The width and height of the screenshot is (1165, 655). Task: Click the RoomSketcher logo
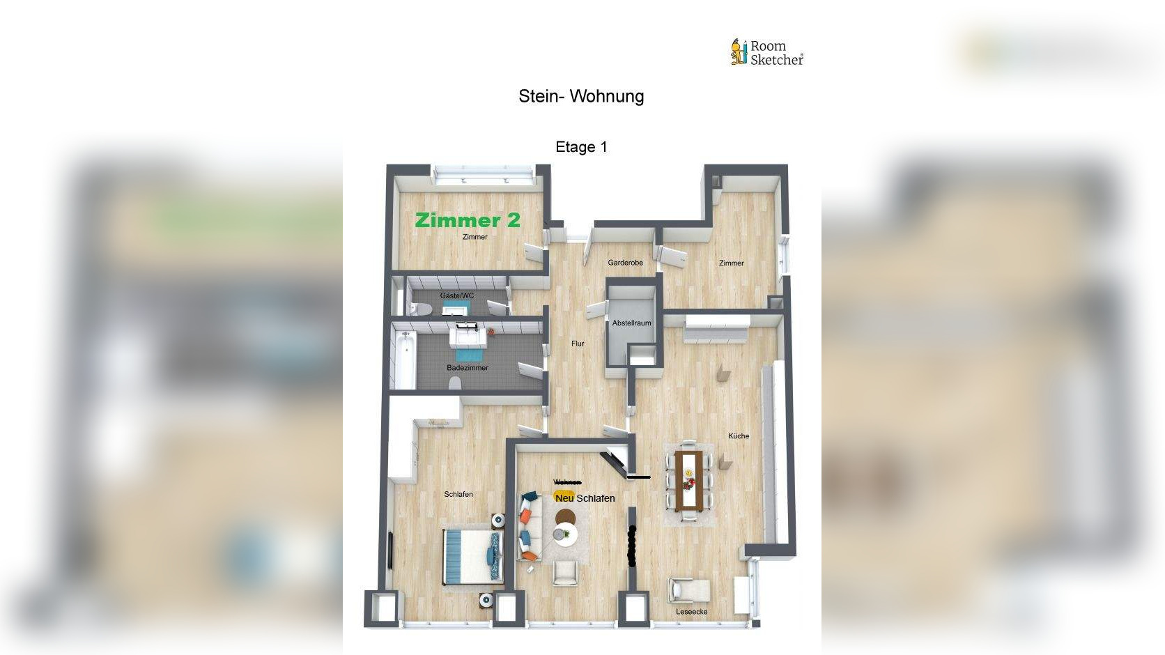click(x=766, y=53)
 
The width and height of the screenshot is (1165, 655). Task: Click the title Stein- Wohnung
click(x=581, y=96)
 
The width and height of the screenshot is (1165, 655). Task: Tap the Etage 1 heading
click(x=581, y=147)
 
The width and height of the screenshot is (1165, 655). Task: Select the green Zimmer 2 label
click(x=468, y=220)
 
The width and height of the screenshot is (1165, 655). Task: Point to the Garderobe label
click(x=625, y=263)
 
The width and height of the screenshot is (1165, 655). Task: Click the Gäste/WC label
click(x=456, y=295)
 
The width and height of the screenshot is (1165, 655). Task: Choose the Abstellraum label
click(x=631, y=323)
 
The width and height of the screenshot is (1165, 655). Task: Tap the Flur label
click(x=578, y=344)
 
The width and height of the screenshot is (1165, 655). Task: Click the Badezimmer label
click(x=468, y=368)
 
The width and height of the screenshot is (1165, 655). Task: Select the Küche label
click(x=739, y=436)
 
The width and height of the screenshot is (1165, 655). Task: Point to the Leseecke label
click(x=691, y=612)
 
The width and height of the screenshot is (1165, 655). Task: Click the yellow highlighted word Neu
click(x=564, y=498)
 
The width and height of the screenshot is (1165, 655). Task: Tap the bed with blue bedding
click(x=473, y=555)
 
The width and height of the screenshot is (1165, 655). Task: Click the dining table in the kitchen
click(x=689, y=481)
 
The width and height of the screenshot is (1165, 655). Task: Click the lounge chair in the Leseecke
click(x=689, y=590)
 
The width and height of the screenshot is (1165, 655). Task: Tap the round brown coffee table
click(x=565, y=518)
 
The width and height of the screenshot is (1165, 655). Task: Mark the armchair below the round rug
click(x=565, y=572)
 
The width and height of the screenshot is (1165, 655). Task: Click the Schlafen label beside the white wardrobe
click(x=458, y=495)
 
